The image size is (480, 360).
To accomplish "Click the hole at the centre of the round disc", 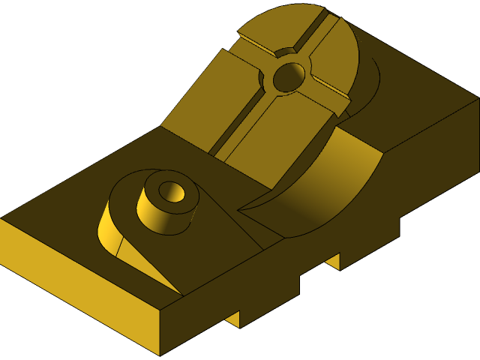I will coord(289,76).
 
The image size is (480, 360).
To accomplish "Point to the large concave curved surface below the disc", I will coord(330,187).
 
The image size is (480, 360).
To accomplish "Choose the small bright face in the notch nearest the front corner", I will coord(232,319).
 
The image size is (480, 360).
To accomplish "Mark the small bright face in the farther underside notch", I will coord(331,260).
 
